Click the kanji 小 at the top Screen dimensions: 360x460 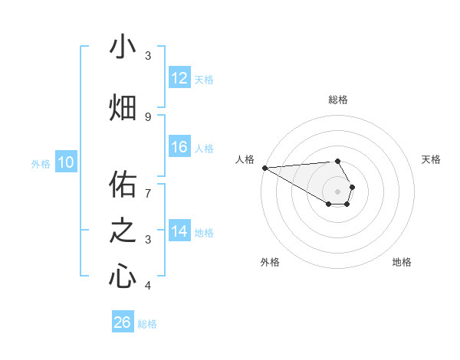point(122,47)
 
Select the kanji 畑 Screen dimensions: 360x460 point(122,108)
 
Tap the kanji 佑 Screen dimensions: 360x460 point(122,185)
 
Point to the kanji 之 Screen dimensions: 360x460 point(122,231)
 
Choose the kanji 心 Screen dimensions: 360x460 point(122,277)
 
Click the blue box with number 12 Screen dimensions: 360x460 point(179,78)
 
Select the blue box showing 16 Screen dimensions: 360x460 point(179,147)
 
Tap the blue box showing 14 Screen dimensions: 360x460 point(179,231)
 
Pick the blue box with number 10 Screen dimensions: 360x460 point(66,162)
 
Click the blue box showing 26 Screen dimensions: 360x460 point(122,322)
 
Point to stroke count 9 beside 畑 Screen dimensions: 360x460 point(148,116)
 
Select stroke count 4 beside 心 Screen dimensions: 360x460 point(148,286)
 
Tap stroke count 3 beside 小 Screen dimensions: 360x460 point(148,56)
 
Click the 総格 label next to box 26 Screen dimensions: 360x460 point(147,324)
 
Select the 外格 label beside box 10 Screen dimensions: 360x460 point(40,163)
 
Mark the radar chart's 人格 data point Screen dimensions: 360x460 point(264,167)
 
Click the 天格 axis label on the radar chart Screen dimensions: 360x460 point(431,159)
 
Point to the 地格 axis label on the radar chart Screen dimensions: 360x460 point(402,262)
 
